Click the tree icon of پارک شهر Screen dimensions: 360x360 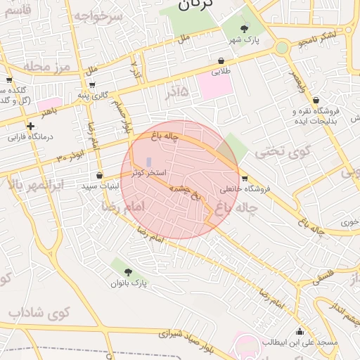pos(244,29)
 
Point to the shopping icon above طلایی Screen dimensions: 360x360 pos(221,60)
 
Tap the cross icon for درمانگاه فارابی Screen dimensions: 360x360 pos(30,127)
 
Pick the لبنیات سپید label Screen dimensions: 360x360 pos(100,186)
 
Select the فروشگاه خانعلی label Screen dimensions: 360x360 pos(244,189)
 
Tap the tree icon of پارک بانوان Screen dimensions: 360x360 pos(127,272)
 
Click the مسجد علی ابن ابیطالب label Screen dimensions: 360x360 pos(300,342)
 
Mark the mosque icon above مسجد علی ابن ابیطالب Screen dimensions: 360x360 pos(300,332)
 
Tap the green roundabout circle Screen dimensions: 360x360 pos(282,47)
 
